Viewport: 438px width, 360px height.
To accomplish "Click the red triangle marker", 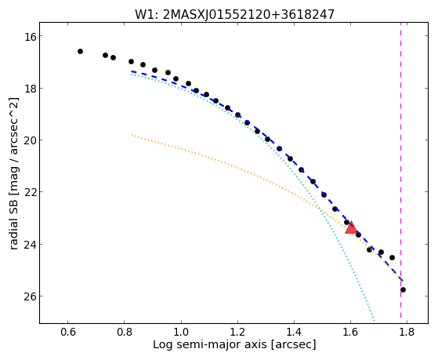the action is (351, 227).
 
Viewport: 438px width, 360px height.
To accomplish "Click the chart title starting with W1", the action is (234, 14).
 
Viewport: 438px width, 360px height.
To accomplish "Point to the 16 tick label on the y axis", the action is (30, 36).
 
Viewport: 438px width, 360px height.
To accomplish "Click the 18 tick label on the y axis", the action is (30, 89).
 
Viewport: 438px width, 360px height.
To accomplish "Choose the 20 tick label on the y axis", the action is (30, 140).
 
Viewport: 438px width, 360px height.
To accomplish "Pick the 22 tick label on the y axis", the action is (30, 192).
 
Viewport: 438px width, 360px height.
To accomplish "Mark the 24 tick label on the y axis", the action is (30, 245).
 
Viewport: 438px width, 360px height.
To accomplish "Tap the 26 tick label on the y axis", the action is (30, 296).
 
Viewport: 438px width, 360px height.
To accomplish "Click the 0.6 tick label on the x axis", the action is (68, 332).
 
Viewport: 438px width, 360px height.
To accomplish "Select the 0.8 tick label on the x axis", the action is (125, 332).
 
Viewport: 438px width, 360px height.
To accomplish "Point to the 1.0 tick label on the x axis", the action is (181, 332).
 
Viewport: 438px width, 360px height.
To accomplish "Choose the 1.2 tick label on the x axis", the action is (237, 332).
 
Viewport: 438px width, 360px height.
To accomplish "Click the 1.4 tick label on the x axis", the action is (294, 332).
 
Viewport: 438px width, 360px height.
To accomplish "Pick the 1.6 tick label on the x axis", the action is (350, 332).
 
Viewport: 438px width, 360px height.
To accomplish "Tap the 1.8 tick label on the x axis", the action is (407, 332).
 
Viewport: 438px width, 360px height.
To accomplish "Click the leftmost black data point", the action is (80, 51).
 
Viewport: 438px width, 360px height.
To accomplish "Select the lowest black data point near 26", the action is (403, 289).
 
